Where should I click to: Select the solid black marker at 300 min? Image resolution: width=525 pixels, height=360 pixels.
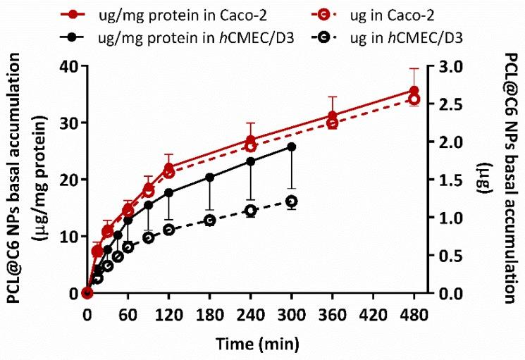292,147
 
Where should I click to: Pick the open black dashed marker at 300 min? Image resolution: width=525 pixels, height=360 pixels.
292,201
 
